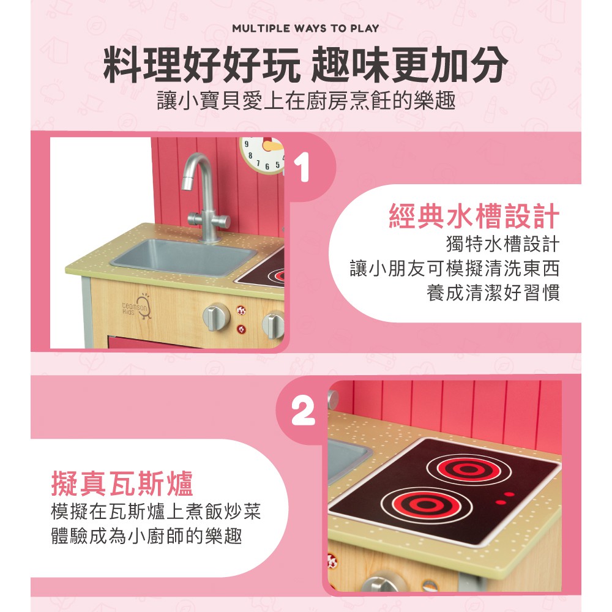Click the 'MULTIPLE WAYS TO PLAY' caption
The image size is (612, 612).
click(x=305, y=29)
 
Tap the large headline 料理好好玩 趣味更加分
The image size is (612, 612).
click(x=305, y=64)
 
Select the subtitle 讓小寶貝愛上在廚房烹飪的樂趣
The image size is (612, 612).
click(x=306, y=100)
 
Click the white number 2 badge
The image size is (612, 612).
click(x=304, y=411)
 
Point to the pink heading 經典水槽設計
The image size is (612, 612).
click(x=474, y=216)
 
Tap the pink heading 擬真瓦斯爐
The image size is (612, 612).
click(x=122, y=483)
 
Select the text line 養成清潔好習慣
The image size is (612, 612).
click(x=493, y=293)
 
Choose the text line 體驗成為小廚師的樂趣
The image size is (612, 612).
click(x=147, y=535)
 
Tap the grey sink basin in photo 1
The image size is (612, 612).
click(x=184, y=256)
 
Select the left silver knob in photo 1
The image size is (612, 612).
click(x=216, y=317)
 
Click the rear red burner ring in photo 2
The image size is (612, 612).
click(x=468, y=469)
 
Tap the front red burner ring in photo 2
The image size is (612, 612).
click(x=426, y=505)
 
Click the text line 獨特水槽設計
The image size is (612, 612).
click(x=502, y=244)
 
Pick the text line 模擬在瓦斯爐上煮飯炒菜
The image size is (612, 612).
click(x=156, y=511)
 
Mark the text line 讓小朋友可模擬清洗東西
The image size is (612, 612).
click(x=455, y=268)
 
